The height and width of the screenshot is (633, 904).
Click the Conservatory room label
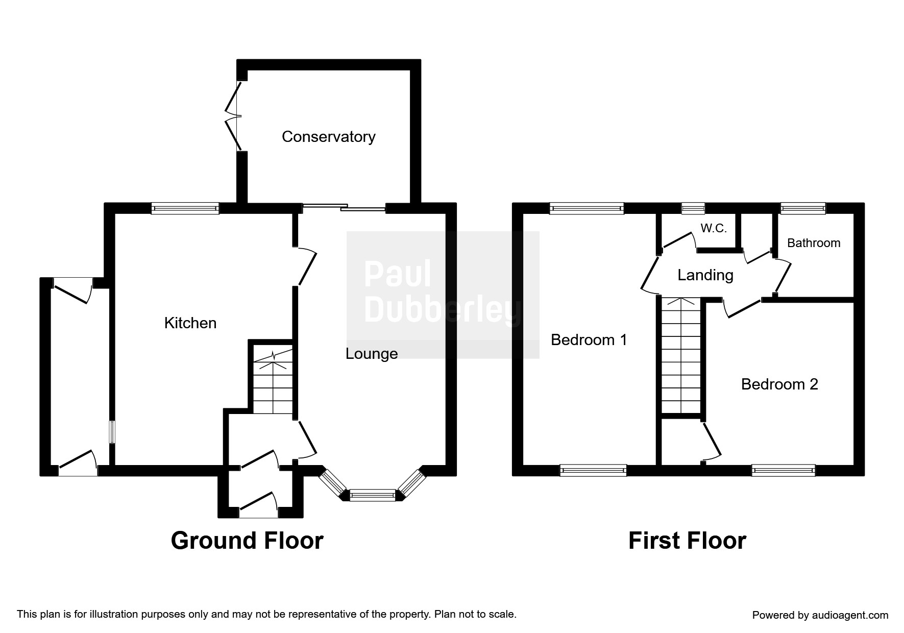pyautogui.click(x=328, y=137)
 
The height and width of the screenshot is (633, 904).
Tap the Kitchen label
pyautogui.click(x=190, y=323)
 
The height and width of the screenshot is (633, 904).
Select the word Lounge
pyautogui.click(x=372, y=353)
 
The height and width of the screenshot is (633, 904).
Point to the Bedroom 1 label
pyautogui.click(x=589, y=339)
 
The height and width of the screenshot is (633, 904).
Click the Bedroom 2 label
pyautogui.click(x=779, y=384)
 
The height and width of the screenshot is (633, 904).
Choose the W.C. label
pyautogui.click(x=714, y=228)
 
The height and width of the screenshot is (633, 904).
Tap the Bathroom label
pyautogui.click(x=814, y=242)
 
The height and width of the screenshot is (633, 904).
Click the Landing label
pyautogui.click(x=705, y=275)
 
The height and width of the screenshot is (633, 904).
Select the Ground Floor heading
pyautogui.click(x=247, y=541)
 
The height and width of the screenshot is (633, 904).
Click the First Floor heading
pyautogui.click(x=687, y=541)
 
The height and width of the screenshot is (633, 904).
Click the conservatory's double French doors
pyautogui.click(x=234, y=116)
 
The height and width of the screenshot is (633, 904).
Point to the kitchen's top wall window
pyautogui.click(x=185, y=208)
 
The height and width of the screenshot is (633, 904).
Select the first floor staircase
pyautogui.click(x=681, y=355)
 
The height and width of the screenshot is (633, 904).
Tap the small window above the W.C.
pyautogui.click(x=693, y=208)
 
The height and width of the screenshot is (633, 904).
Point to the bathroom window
pyautogui.click(x=803, y=208)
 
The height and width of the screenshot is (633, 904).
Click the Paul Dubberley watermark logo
pyautogui.click(x=443, y=295)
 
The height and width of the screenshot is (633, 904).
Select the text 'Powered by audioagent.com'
pyautogui.click(x=820, y=615)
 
